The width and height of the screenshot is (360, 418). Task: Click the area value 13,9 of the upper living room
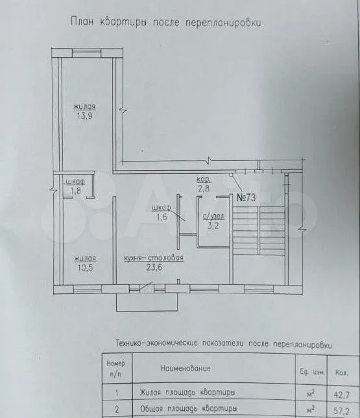(84, 116)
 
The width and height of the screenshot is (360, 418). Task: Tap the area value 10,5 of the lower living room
(85, 267)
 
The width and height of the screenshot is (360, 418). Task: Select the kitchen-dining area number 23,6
(154, 267)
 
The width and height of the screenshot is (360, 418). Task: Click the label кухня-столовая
(154, 258)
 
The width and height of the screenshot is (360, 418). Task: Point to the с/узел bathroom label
(213, 216)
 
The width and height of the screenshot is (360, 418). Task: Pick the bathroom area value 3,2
(213, 226)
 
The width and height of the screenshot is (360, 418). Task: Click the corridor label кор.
(204, 179)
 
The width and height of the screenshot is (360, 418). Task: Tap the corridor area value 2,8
(204, 188)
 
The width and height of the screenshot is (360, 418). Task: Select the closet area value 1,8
(76, 191)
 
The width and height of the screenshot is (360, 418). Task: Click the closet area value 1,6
(162, 217)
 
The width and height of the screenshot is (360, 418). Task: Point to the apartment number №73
(246, 197)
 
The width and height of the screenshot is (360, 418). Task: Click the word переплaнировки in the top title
(223, 23)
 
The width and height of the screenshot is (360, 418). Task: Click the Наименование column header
(186, 369)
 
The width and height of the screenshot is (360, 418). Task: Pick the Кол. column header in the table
(342, 373)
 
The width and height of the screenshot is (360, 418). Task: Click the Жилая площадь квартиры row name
(187, 393)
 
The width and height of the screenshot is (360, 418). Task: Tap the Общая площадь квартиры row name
(188, 408)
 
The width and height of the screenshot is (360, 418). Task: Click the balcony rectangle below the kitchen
(147, 302)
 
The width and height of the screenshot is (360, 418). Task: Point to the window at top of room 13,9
(87, 52)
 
